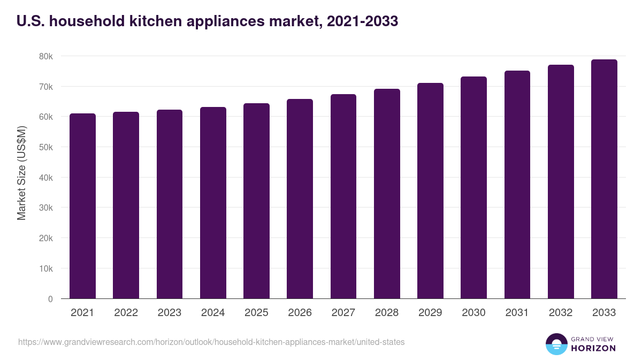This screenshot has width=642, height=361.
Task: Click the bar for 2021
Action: tap(82, 206)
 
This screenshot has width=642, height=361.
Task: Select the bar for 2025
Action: tap(256, 201)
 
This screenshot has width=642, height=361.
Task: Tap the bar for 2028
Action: tap(387, 194)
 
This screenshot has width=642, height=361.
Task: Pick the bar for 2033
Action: tap(604, 179)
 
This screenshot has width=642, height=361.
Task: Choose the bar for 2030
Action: tap(473, 188)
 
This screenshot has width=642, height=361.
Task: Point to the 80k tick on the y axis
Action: tap(46, 56)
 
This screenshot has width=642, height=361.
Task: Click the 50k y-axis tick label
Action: tap(46, 147)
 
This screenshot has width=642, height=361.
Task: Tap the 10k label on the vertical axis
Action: tap(46, 268)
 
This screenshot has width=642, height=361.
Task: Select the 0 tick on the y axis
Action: tap(50, 299)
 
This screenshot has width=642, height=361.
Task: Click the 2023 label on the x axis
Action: tap(169, 313)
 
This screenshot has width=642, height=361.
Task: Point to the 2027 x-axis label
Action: tap(343, 313)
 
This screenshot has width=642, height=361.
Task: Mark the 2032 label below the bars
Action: tap(561, 313)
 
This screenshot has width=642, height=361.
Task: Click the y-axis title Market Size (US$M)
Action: tap(21, 173)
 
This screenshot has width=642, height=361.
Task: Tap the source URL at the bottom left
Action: tap(211, 342)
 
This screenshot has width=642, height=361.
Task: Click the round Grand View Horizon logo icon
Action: tap(556, 344)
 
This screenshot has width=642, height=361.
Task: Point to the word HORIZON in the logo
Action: tap(594, 348)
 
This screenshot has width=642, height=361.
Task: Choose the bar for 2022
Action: tap(126, 205)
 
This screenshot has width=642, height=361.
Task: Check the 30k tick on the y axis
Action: tap(46, 208)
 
